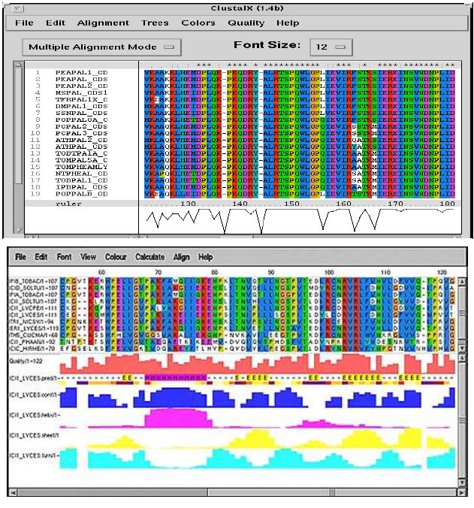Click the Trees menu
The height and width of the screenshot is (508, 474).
point(155,23)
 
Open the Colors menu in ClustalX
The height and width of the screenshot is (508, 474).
point(198,23)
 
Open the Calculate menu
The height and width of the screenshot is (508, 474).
point(150,257)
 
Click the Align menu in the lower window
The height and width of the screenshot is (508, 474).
point(182,257)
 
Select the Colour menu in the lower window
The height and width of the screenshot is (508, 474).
point(115,257)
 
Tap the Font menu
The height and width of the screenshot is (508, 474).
point(64,257)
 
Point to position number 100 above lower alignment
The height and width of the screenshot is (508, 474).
point(328,271)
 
